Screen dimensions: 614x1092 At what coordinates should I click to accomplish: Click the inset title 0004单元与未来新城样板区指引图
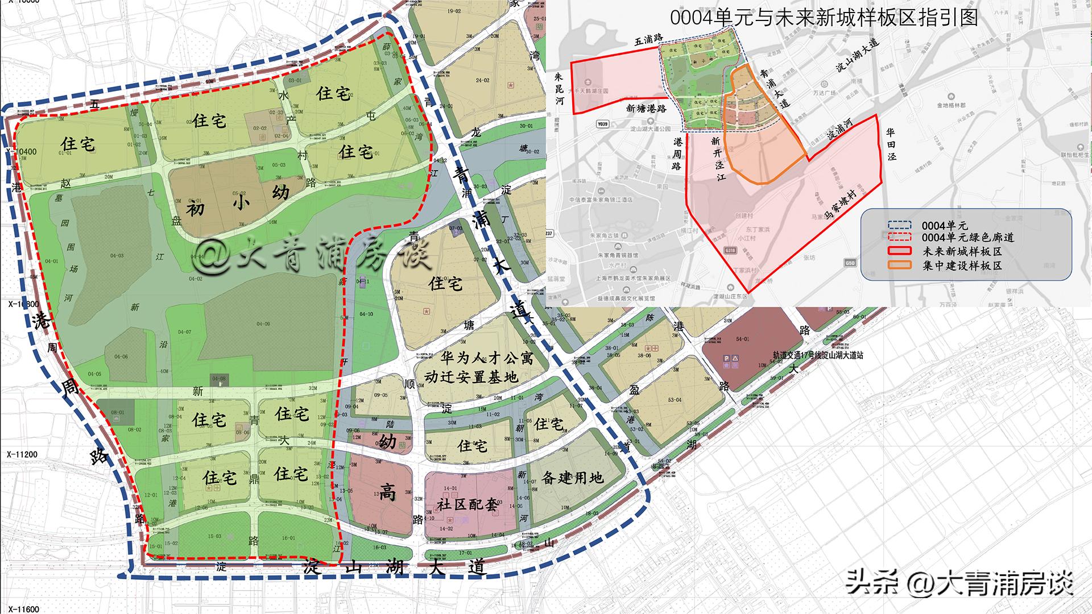(x=824, y=18)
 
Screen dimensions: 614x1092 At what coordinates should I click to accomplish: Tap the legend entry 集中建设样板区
(x=962, y=265)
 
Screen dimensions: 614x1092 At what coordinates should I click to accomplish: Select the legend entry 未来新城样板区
(x=962, y=251)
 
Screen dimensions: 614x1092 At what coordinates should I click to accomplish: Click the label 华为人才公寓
(x=487, y=358)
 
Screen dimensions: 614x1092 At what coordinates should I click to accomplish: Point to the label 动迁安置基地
(x=471, y=377)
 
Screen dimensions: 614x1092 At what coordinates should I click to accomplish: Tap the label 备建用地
(x=572, y=478)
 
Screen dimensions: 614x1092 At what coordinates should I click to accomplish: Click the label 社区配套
(x=468, y=504)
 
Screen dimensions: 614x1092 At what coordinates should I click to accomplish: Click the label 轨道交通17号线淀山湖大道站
(x=817, y=355)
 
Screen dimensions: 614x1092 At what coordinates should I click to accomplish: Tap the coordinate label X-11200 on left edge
(x=22, y=455)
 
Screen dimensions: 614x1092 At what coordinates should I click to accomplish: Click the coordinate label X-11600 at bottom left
(x=23, y=609)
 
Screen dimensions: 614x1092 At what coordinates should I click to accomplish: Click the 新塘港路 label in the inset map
(x=646, y=108)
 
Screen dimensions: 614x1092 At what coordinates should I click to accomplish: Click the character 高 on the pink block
(x=388, y=493)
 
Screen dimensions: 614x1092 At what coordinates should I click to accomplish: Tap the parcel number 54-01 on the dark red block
(x=742, y=339)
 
